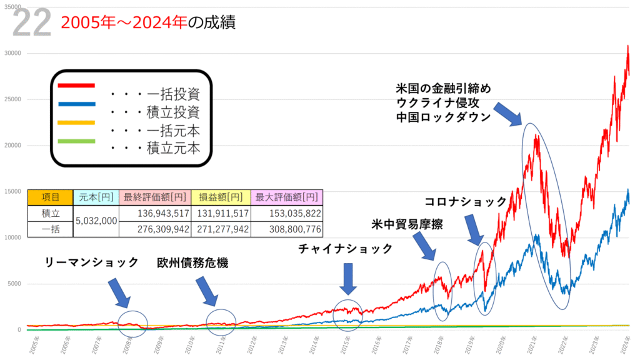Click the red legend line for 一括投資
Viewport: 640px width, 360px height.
tap(76, 86)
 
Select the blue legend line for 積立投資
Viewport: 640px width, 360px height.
tap(76, 104)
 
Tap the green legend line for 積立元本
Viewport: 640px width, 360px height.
tap(76, 141)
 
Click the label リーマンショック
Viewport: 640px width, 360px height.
tap(92, 262)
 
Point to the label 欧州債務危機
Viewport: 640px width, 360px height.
tap(192, 262)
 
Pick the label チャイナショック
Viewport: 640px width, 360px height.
tap(345, 249)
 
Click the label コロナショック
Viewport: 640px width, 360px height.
tap(466, 201)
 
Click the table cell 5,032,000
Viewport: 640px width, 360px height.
tap(96, 221)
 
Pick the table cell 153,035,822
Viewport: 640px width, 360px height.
tap(287, 214)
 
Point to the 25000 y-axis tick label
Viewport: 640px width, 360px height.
tap(12, 99)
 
